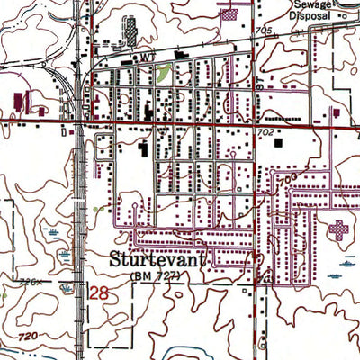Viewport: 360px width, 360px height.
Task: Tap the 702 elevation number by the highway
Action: tap(265, 133)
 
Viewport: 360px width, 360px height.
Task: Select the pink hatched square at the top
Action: tap(234, 13)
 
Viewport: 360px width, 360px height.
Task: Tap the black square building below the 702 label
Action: tap(278, 141)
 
